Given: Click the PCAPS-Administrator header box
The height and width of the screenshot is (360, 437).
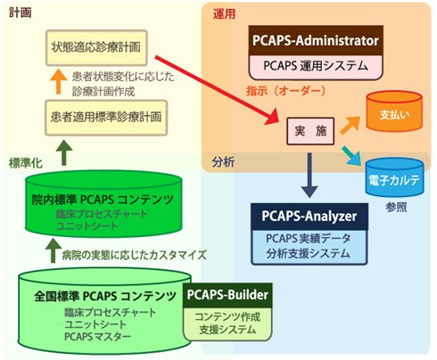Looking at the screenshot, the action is [x=316, y=41].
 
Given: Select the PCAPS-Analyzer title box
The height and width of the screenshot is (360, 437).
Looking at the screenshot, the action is [x=309, y=217].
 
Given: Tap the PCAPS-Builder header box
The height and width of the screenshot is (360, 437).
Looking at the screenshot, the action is [x=227, y=295].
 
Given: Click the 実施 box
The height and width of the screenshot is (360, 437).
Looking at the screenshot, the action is [x=310, y=131].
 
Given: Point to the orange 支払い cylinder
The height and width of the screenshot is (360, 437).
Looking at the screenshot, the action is [x=394, y=111].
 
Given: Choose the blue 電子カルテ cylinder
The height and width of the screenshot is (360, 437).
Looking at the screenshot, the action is [x=394, y=177].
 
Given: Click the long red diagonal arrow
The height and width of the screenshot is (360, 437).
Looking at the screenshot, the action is [x=217, y=89].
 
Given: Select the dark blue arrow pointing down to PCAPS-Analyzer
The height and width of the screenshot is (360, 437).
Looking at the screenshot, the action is [x=309, y=176].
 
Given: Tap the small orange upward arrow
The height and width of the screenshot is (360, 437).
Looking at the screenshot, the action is [x=58, y=81].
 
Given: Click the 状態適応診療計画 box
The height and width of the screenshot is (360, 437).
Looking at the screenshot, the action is [x=96, y=47].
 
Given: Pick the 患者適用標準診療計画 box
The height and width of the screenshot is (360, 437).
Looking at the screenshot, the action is [x=106, y=118].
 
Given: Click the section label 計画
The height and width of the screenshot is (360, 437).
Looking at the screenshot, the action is [x=21, y=12].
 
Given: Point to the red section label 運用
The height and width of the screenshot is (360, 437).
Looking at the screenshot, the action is [x=225, y=14].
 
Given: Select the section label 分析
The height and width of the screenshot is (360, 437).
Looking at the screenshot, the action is [x=224, y=162].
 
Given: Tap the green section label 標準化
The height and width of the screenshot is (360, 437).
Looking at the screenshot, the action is [x=26, y=163].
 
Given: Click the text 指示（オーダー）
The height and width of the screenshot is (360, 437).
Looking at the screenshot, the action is [x=286, y=91].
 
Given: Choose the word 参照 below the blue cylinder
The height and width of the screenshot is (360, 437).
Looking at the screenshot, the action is [x=396, y=208].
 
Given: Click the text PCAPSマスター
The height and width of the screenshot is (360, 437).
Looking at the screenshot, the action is [x=98, y=337].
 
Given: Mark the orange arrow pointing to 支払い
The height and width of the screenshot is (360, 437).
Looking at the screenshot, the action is [x=350, y=125].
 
